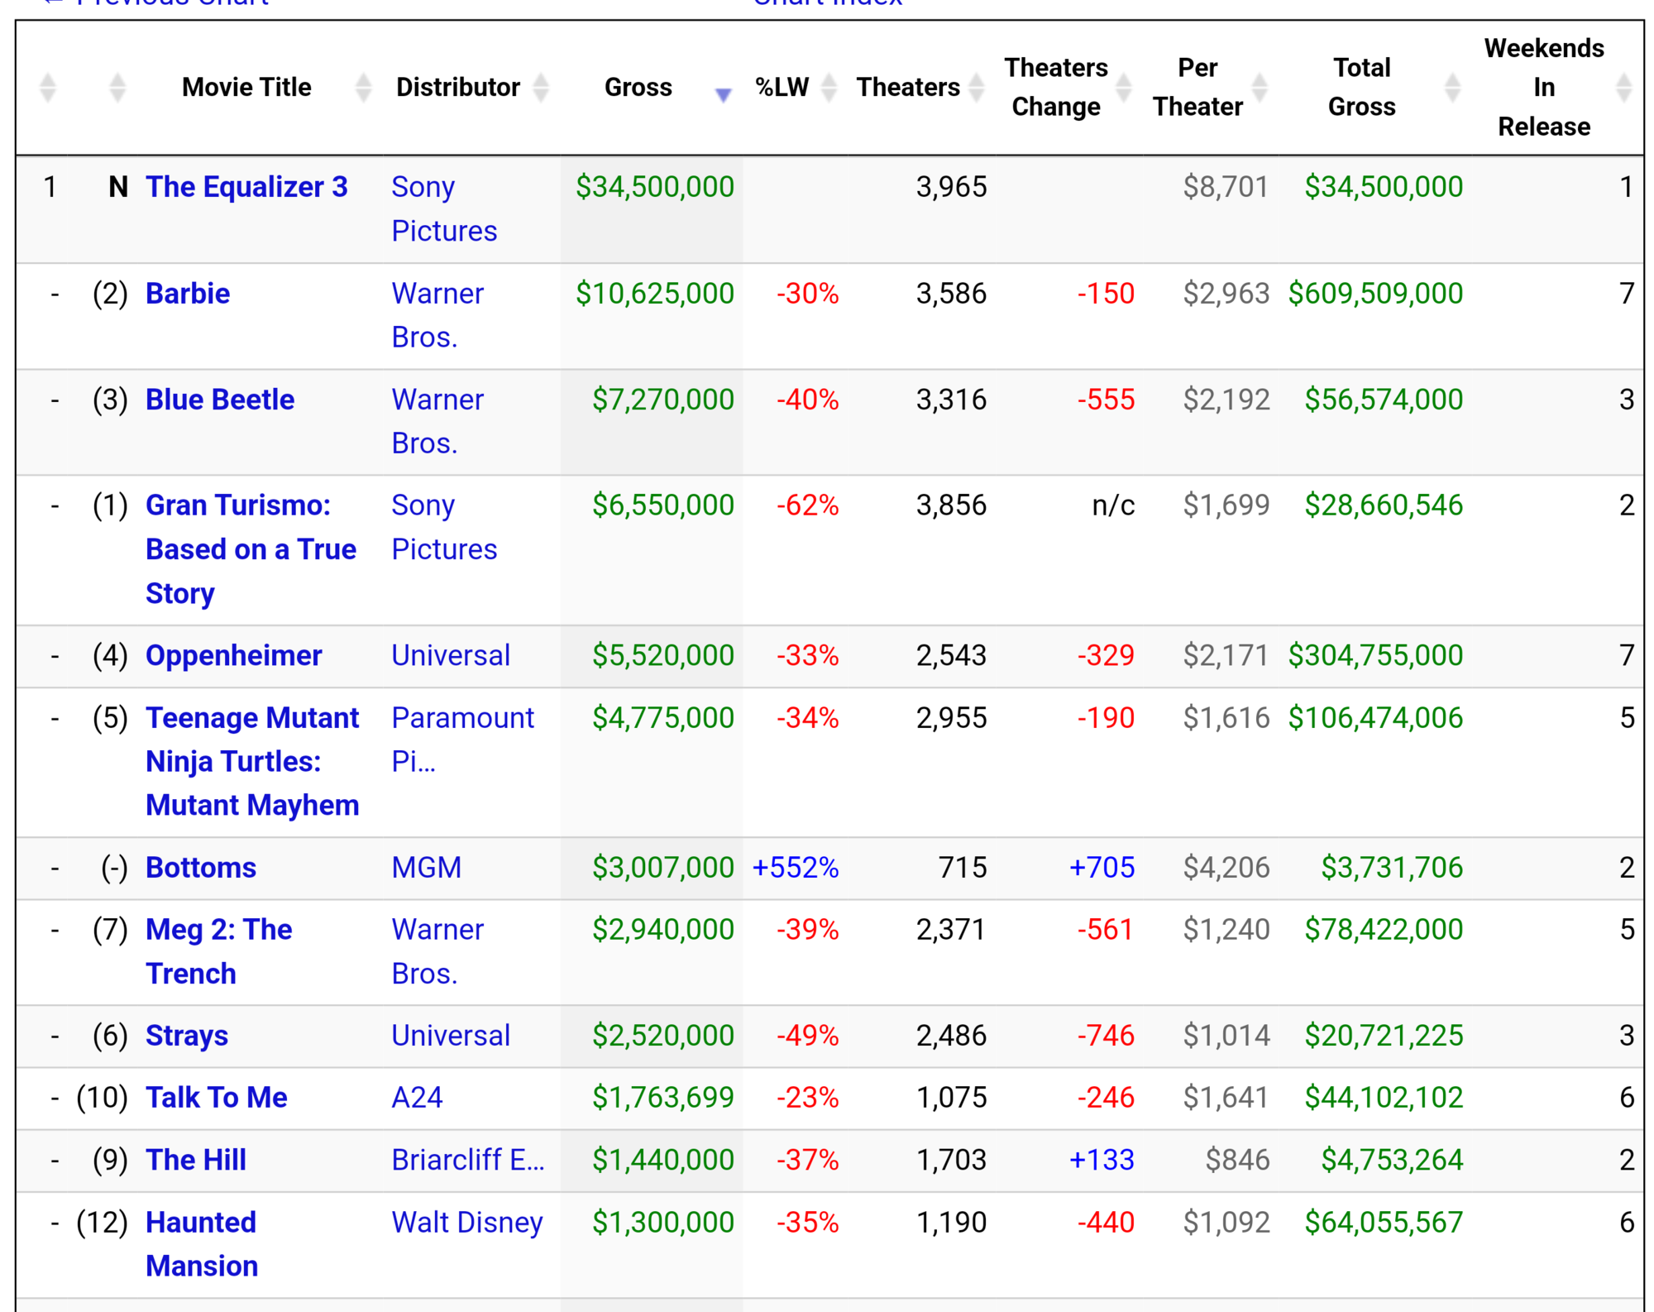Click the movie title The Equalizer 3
tap(246, 187)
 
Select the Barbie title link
tap(188, 294)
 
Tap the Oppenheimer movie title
tap(233, 655)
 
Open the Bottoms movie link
tap(201, 868)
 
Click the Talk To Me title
tap(217, 1098)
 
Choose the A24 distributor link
tap(417, 1098)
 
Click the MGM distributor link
tap(427, 868)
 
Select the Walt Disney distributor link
tap(467, 1223)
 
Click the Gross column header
tap(638, 87)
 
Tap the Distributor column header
tap(458, 87)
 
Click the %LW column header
tap(782, 87)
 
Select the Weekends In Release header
tap(1544, 87)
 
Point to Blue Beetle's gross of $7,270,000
tap(663, 400)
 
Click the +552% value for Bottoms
tap(796, 868)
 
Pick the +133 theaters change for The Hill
tap(1102, 1160)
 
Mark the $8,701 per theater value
tap(1226, 187)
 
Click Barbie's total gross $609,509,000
tap(1375, 294)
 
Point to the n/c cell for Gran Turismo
tap(1113, 505)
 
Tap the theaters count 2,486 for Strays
tap(951, 1036)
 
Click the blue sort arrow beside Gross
tap(724, 95)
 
